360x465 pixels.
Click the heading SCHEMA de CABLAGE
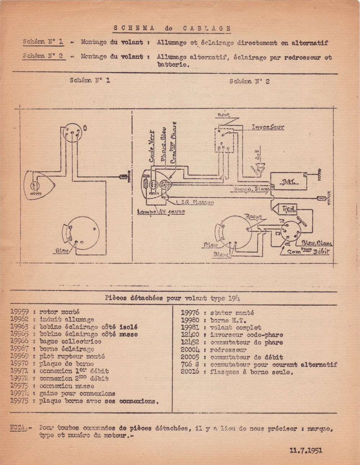pyautogui.click(x=172, y=28)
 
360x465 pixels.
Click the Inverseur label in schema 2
pyautogui.click(x=268, y=127)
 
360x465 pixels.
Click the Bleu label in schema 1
pyautogui.click(x=62, y=250)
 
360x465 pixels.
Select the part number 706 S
pyautogui.click(x=190, y=365)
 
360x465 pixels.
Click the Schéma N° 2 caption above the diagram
pyautogui.click(x=249, y=81)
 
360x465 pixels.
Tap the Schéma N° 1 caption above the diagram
pyautogui.click(x=90, y=80)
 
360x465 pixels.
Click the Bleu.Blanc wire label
pyautogui.click(x=317, y=243)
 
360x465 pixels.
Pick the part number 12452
pyautogui.click(x=190, y=342)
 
